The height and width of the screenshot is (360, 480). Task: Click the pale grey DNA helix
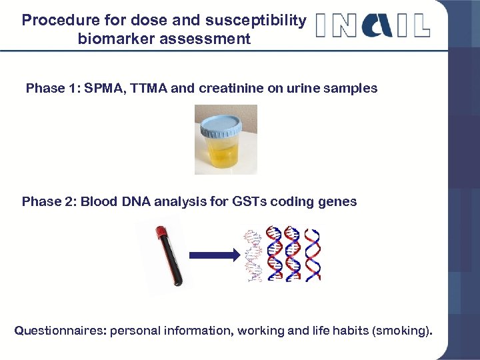[253, 255]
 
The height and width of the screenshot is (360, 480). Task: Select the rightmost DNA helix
[312, 255]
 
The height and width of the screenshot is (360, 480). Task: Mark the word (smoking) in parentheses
[400, 331]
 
